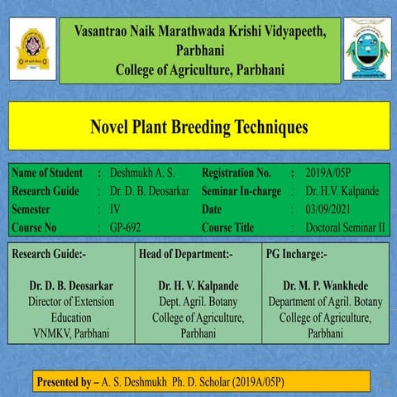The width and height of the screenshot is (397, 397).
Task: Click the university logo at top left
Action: [x=32, y=49]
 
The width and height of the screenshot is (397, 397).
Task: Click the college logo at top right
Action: [x=365, y=49]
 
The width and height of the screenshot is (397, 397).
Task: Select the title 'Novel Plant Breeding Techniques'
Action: [x=198, y=127]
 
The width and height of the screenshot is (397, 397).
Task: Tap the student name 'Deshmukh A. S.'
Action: [x=143, y=173]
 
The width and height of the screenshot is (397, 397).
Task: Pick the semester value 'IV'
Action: [x=115, y=209]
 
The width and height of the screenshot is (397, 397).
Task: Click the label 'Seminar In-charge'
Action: [x=242, y=191]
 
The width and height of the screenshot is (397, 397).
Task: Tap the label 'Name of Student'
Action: [x=47, y=173]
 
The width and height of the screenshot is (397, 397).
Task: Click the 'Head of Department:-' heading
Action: [x=186, y=254]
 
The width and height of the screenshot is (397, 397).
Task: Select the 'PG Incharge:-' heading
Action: [x=297, y=254]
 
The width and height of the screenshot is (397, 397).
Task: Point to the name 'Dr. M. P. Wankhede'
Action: [x=325, y=286]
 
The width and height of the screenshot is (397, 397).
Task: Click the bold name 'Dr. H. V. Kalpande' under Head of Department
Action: [x=198, y=286]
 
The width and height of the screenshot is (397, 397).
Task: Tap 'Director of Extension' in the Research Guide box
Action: [x=71, y=302]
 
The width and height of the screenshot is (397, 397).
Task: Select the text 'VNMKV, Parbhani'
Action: [x=71, y=333]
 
